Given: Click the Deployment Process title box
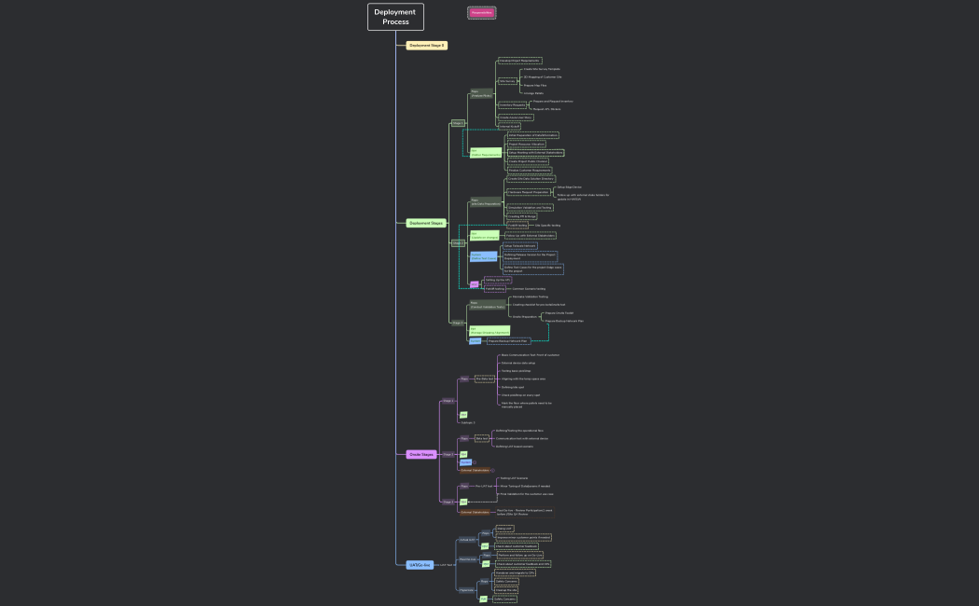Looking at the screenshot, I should [x=395, y=17].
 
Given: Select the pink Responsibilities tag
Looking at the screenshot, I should [x=481, y=12].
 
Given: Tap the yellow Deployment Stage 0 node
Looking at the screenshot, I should [x=427, y=45].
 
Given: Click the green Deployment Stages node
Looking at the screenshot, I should [x=426, y=223].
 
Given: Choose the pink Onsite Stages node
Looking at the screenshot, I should [x=421, y=454].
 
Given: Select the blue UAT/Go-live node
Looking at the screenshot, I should [x=420, y=565].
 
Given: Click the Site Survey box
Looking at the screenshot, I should [x=507, y=81].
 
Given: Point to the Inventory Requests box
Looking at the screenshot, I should [x=512, y=105].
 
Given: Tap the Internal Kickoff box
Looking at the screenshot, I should [x=509, y=126].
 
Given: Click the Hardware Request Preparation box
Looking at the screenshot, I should [x=528, y=191].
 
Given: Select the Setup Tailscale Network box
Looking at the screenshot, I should [x=520, y=245].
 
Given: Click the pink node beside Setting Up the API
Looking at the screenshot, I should [x=474, y=284].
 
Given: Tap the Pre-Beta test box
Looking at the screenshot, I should [x=484, y=379].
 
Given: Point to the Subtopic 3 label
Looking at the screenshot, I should [x=467, y=422].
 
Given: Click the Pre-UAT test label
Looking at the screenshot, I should [x=484, y=486].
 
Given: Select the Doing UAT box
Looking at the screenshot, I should [x=503, y=528].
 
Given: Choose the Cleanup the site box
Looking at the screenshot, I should [x=505, y=590].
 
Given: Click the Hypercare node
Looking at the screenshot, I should [x=466, y=590].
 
